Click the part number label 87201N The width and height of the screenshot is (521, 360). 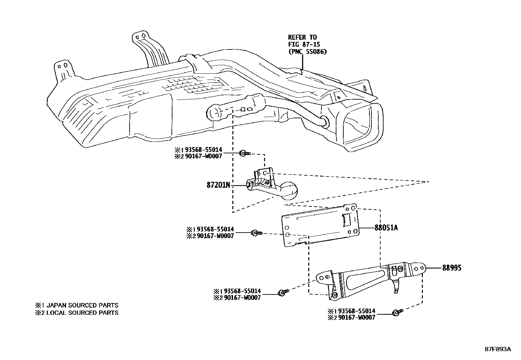click(x=218, y=185)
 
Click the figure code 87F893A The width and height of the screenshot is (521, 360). click(x=498, y=349)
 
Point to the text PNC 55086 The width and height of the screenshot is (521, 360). click(x=307, y=52)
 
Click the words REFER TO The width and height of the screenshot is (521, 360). click(x=302, y=37)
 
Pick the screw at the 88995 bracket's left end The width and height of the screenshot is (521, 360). click(x=282, y=293)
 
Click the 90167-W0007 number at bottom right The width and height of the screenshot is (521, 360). click(x=357, y=317)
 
